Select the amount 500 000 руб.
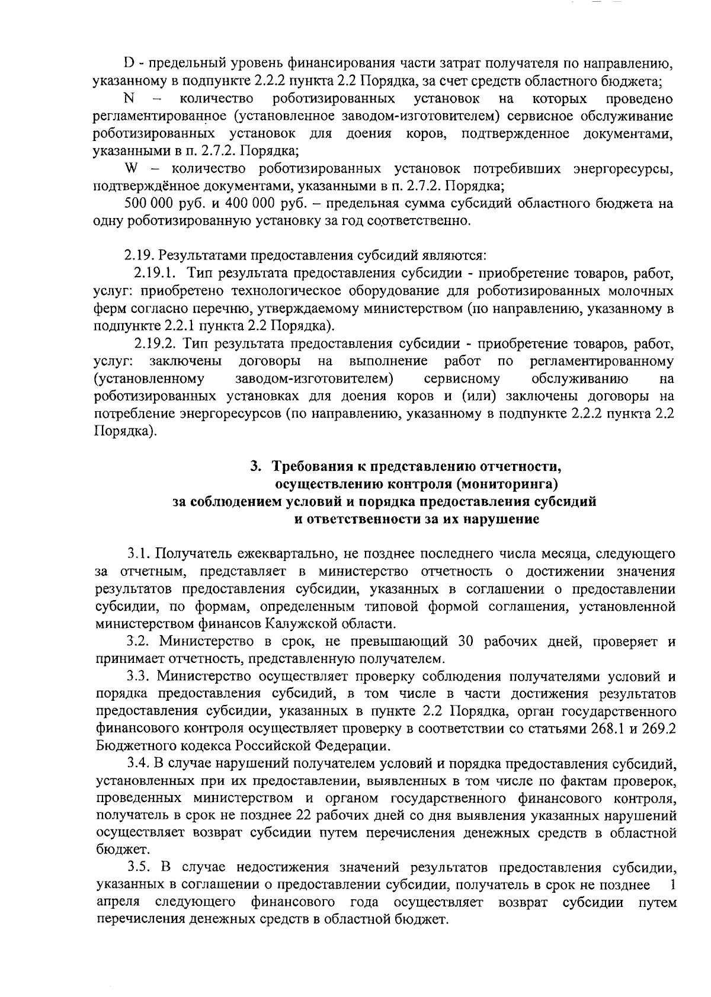coord(155,204)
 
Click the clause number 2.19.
coord(137,256)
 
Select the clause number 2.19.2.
coord(155,344)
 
